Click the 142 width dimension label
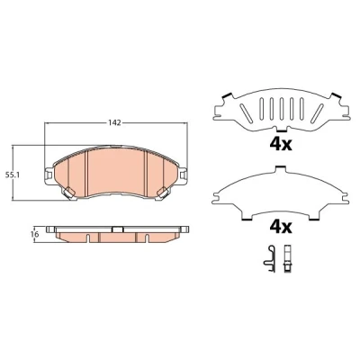coord(114,122)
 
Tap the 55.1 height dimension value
coord(13,175)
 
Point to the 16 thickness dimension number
coord(34,234)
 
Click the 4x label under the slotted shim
coord(281,145)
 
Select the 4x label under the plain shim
coord(281,228)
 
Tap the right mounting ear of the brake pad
coord(183,175)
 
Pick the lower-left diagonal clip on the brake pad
coord(68,193)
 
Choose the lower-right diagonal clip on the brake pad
coord(162,193)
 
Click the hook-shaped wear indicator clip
coord(270,259)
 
